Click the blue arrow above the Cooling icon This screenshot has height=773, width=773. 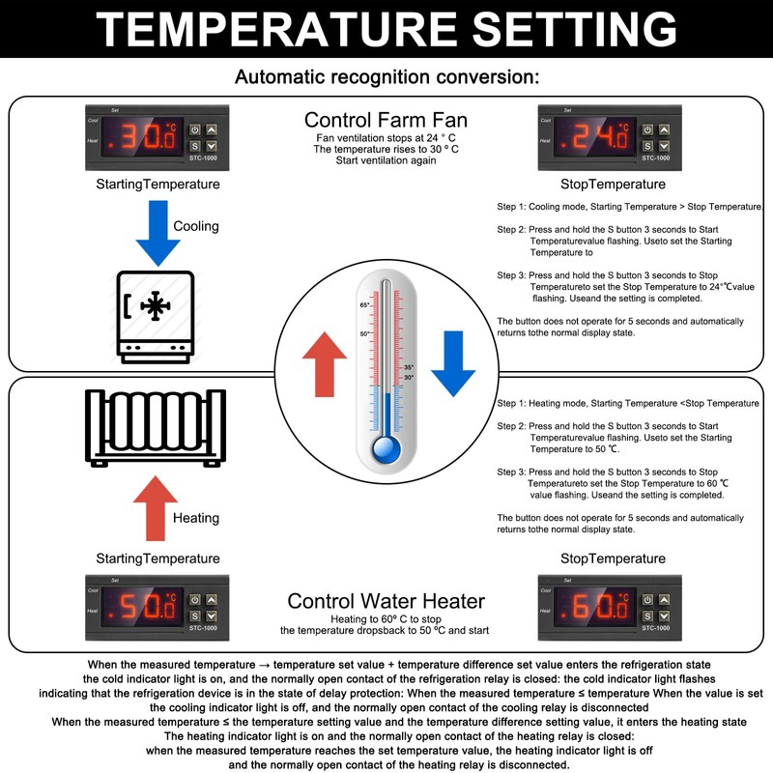point(157,232)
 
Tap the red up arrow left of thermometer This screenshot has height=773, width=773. point(324,361)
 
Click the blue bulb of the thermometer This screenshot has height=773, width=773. point(386,449)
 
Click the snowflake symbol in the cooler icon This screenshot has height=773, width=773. point(155,305)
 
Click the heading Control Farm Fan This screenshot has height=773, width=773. point(386,121)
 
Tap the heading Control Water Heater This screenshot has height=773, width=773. point(386,602)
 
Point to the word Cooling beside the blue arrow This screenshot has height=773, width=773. point(196,226)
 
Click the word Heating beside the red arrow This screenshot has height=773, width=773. point(196,518)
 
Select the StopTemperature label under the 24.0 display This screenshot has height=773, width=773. point(613,184)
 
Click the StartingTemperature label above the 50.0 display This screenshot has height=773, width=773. point(157,558)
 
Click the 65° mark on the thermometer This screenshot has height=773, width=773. point(366,305)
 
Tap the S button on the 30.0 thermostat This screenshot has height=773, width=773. point(194,146)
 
